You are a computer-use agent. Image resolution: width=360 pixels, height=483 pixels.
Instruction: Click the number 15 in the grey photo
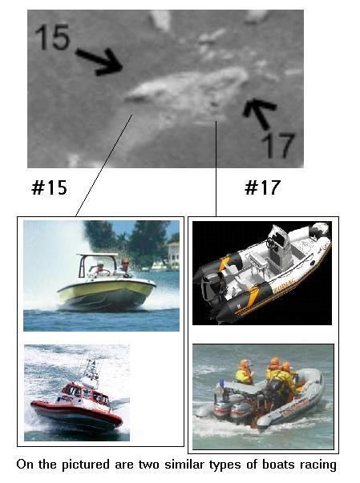click(53, 37)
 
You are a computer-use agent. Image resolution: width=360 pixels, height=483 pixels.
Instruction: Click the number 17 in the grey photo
click(279, 145)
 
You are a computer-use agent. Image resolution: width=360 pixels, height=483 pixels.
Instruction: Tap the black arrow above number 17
click(260, 112)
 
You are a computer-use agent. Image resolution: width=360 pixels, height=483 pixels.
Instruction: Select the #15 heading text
click(50, 187)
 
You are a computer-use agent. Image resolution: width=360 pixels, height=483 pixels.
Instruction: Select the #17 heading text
click(263, 187)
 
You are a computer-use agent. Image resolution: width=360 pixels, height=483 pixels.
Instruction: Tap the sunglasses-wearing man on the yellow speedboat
click(125, 267)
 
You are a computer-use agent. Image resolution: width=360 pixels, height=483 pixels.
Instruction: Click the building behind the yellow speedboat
click(172, 256)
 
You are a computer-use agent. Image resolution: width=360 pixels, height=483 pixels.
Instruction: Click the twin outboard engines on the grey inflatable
click(229, 406)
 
